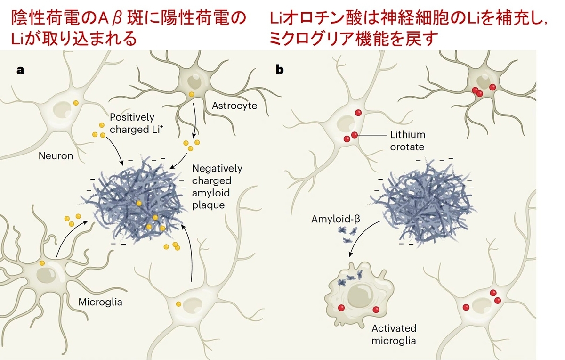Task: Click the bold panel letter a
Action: click(20, 70)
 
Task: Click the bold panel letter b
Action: click(280, 69)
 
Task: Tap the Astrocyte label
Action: click(234, 106)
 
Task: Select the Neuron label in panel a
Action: click(56, 156)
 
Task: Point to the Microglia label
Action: click(100, 302)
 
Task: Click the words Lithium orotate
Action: click(408, 140)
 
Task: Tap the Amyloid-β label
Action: click(336, 219)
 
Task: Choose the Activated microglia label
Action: click(394, 335)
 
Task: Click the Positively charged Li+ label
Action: click(137, 123)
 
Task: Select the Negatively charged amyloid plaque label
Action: click(217, 187)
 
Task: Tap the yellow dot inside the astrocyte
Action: click(192, 94)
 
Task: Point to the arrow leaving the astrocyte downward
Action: click(194, 120)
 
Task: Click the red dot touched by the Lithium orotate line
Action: click(355, 135)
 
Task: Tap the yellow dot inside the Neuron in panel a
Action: click(76, 103)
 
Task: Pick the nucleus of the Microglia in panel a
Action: click(46, 275)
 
